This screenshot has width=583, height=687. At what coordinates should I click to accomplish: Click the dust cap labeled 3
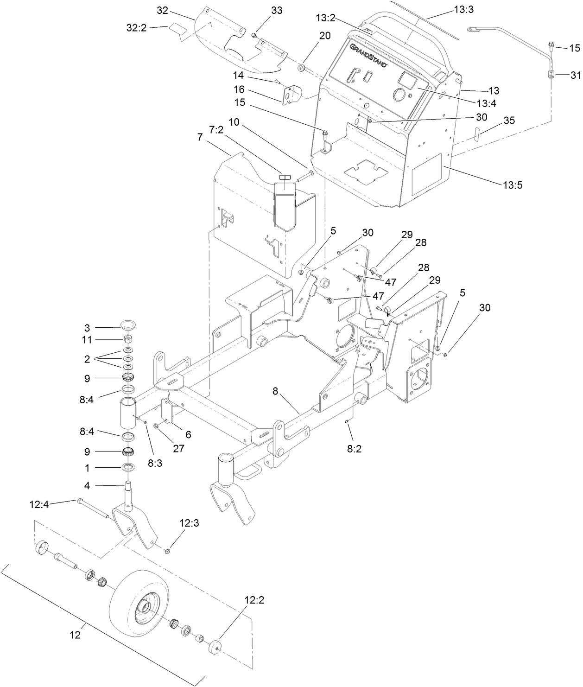128,323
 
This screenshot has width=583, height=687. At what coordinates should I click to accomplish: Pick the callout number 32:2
137,28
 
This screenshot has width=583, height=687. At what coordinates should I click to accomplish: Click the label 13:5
513,185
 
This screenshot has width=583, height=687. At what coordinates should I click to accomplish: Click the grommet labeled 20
301,69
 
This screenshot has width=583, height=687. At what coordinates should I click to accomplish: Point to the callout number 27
178,448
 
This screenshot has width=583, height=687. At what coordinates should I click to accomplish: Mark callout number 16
252,89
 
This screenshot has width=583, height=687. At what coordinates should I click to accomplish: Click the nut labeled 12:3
168,551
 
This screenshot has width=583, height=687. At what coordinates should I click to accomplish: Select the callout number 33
276,11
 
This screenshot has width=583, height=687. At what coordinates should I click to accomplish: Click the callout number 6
188,434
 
